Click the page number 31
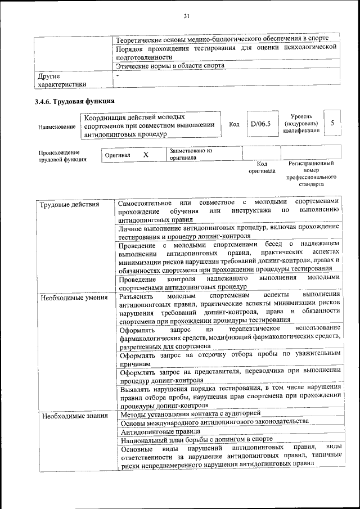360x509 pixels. (186, 16)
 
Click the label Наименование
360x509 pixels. (57, 127)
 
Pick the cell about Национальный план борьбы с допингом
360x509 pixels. (197, 440)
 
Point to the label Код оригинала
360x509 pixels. (261, 167)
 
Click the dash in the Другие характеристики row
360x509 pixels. (118, 75)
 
